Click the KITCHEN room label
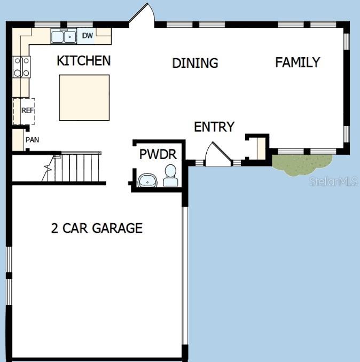tap(84, 61)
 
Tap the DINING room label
tap(195, 63)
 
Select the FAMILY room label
tap(298, 62)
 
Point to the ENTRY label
tap(214, 127)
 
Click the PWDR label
tap(158, 155)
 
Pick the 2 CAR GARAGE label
tap(97, 229)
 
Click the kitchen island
tap(84, 98)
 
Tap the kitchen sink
tap(64, 36)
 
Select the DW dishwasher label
tap(87, 36)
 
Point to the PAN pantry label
tap(31, 140)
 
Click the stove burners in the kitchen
tap(22, 67)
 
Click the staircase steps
tap(75, 167)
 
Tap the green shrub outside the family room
tap(300, 164)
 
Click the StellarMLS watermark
tap(334, 182)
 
